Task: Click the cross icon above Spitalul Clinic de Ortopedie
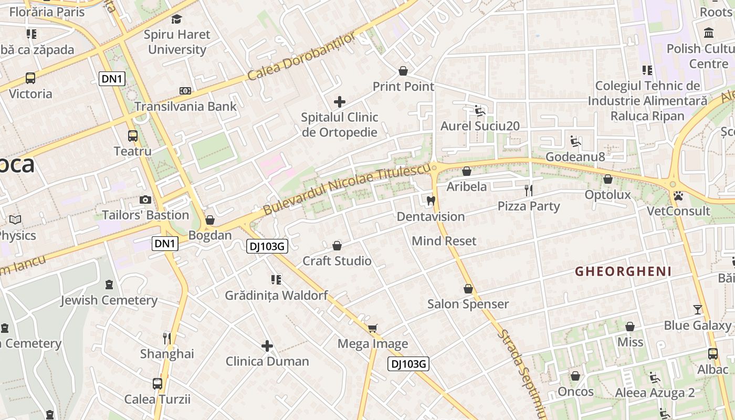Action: point(340,101)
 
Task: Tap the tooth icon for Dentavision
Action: point(431,200)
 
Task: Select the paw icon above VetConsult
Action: point(678,195)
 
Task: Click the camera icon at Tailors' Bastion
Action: point(145,199)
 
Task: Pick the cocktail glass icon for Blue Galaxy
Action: point(697,310)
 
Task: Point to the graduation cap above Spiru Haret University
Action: point(176,19)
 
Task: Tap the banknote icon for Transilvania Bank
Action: point(185,91)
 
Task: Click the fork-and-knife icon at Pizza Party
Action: point(529,190)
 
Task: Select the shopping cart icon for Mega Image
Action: point(372,329)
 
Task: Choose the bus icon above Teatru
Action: point(133,136)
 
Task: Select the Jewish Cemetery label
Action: point(109,300)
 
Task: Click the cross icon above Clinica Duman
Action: point(267,346)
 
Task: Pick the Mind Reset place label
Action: point(444,241)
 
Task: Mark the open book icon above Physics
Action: point(15,220)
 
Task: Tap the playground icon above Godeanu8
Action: point(575,141)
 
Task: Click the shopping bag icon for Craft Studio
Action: point(337,246)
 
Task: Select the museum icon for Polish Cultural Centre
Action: point(709,33)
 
